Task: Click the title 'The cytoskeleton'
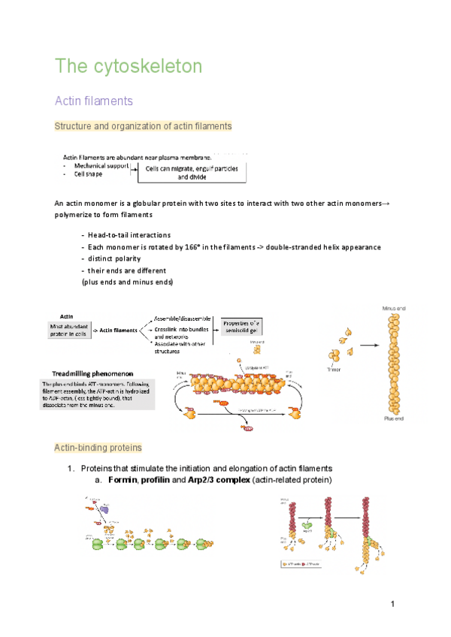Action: coord(129,66)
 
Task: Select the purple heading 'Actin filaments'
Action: coord(94,100)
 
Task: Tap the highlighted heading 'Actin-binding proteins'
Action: coord(98,448)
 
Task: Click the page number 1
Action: coord(392,605)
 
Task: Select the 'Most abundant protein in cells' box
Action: coord(71,331)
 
